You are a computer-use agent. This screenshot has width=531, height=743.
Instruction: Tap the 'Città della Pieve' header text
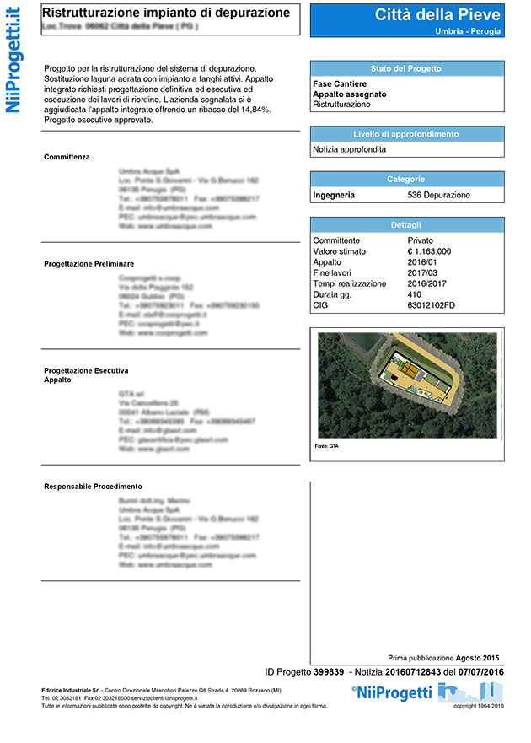[x=437, y=14]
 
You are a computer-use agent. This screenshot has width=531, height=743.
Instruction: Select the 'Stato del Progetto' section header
[x=406, y=68]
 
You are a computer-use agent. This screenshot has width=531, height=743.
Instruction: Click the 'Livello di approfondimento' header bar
[x=406, y=134]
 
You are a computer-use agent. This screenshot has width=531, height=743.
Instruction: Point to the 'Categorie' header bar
[x=406, y=179]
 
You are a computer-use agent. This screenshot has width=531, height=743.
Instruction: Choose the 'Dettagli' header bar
[x=406, y=225]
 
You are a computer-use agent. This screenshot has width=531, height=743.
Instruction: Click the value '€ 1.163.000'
[x=429, y=251]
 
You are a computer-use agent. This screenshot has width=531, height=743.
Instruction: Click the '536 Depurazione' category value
[x=438, y=195]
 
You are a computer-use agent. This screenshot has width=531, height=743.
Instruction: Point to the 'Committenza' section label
[x=67, y=157]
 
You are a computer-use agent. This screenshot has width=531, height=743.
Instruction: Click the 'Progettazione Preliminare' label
[x=88, y=264]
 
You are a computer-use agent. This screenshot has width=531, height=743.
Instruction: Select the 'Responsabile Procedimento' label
[x=93, y=486]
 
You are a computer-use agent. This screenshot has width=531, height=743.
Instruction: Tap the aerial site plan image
[x=406, y=385]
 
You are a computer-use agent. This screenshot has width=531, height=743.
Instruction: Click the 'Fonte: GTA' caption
[x=326, y=444]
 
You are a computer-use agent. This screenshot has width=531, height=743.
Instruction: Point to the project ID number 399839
[x=328, y=671]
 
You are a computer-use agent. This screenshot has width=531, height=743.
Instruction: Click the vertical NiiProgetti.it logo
[x=14, y=62]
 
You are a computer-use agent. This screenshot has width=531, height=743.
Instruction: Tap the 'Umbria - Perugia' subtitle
[x=468, y=31]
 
